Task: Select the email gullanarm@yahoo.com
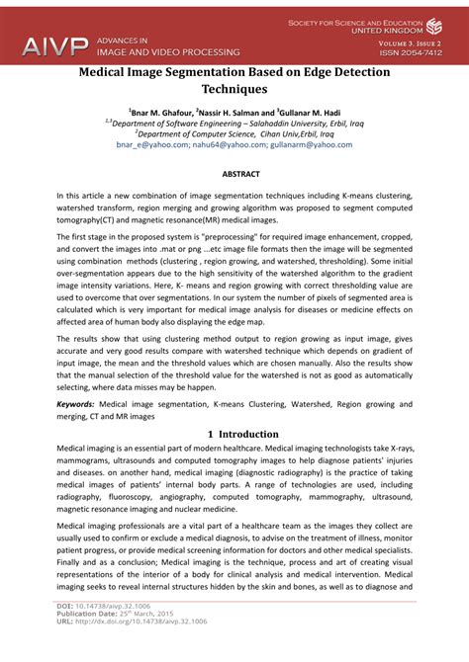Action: [309, 144]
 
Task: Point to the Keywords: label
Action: [82, 404]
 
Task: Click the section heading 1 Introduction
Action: [234, 434]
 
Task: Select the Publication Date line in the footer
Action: [108, 639]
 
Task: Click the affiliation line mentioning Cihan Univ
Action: [234, 133]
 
